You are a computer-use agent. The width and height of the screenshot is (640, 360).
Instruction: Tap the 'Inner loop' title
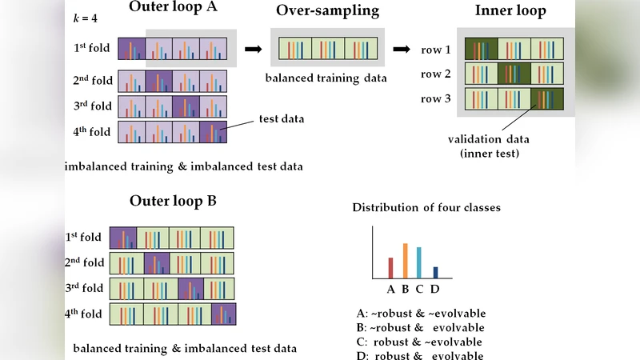(510, 10)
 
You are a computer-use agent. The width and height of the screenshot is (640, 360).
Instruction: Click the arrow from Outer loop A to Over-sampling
(253, 49)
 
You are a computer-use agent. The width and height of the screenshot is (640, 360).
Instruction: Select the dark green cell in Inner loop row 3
(547, 100)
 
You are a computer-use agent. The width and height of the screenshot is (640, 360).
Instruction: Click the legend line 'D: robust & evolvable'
(421, 355)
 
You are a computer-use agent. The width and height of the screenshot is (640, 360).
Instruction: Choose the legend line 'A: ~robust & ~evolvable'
(421, 313)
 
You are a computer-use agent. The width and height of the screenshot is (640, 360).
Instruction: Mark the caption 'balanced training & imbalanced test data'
(185, 349)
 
